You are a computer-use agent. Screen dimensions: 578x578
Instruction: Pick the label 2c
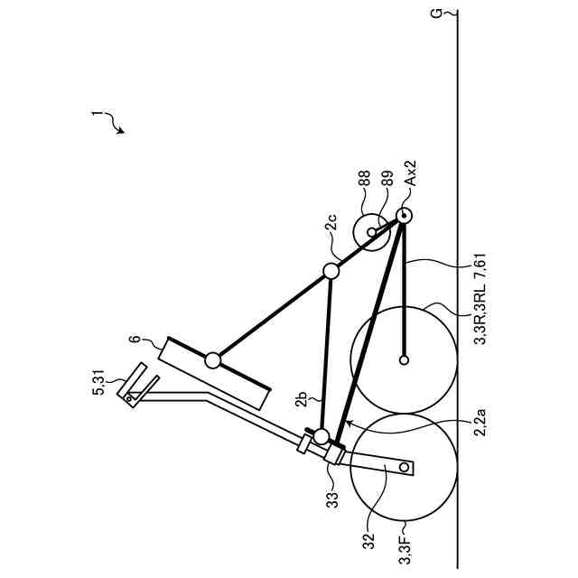click(332, 220)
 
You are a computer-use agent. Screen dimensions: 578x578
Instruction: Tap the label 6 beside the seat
click(135, 340)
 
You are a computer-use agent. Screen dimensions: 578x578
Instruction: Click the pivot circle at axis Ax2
click(402, 216)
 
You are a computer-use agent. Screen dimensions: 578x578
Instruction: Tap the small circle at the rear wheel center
click(404, 360)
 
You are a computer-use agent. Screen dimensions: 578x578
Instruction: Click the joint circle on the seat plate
click(213, 360)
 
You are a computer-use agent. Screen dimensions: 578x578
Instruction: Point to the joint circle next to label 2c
click(331, 270)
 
